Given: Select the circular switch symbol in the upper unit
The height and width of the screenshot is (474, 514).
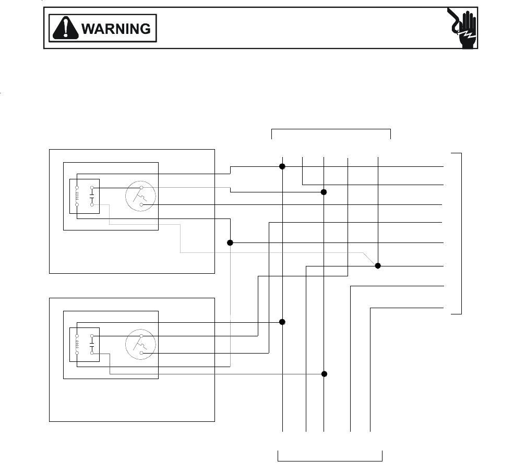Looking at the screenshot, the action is tap(140, 197).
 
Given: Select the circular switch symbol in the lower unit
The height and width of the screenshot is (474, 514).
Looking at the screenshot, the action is tap(140, 345).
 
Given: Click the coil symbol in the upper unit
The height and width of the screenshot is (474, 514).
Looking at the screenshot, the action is tap(77, 196).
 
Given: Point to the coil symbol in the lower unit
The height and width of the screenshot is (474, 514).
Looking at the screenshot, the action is tap(77, 345).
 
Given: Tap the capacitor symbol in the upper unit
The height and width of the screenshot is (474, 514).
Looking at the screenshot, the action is tap(92, 196).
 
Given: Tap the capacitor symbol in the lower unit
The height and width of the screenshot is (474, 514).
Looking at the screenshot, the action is tap(92, 345).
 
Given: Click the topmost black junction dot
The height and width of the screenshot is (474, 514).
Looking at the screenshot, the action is tap(282, 166).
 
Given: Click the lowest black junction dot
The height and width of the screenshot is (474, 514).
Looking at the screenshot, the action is tap(324, 374).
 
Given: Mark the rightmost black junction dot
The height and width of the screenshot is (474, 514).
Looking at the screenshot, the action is tap(378, 266).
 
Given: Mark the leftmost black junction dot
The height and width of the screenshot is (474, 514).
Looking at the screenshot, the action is tap(230, 243).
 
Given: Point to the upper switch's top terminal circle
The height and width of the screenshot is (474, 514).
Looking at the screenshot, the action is tap(141, 188).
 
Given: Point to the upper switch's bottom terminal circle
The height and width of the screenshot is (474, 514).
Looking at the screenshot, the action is tap(141, 205).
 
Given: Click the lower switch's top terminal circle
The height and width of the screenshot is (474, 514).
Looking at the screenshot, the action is tap(141, 336).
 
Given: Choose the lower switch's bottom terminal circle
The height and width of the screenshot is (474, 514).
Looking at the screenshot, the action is tap(141, 353).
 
